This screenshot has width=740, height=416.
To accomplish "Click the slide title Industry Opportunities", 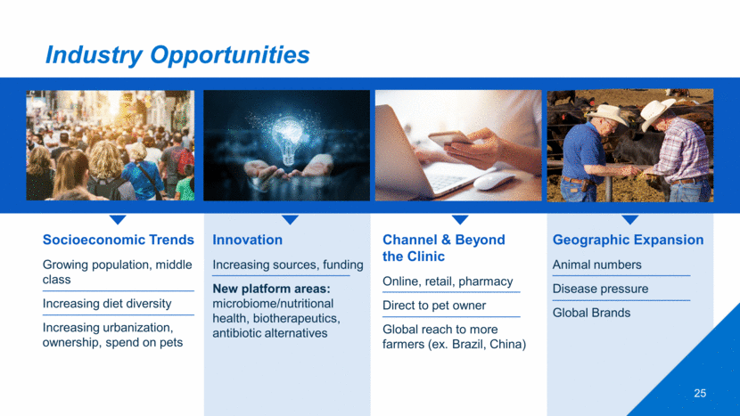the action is coord(177,55).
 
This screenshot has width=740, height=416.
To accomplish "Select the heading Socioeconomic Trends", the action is coord(118,240).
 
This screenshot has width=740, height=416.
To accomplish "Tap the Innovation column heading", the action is coord(247,240).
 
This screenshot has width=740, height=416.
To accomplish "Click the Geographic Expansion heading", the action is coord(628,241).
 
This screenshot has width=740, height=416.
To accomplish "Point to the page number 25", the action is coord(700,394).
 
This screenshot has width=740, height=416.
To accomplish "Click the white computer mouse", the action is coord(494,181).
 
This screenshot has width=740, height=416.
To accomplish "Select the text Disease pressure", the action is coord(600,289).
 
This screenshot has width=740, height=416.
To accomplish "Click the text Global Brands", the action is coord(591,313).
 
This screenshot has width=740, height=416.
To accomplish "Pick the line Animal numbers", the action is coord(597,265).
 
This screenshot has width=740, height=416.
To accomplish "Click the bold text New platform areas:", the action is coord(271,289).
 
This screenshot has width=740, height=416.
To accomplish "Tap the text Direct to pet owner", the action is coord(433,306).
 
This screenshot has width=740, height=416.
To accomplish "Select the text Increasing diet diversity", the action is coord(107,303).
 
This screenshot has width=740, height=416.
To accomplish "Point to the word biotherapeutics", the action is coord(296,318).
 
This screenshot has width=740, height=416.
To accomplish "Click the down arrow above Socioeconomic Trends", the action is coord(118,220).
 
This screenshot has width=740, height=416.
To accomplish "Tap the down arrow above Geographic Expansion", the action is coord(630,220).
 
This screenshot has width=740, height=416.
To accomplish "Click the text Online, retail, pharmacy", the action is coord(448,281).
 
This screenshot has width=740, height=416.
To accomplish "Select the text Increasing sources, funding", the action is coord(288,265).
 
